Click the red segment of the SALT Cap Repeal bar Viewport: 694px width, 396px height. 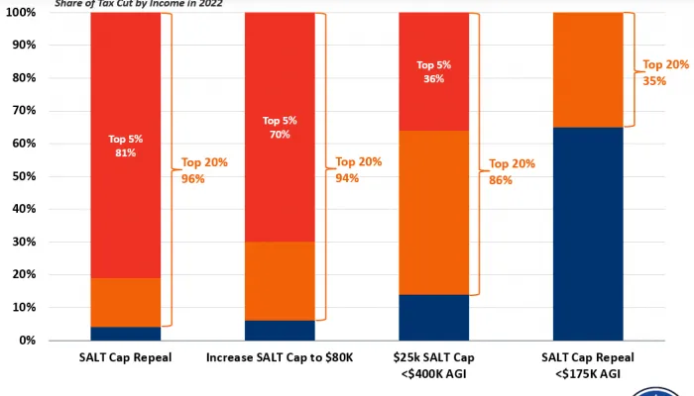pos(125,79)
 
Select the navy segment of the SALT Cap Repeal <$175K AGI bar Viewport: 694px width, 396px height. pos(588,234)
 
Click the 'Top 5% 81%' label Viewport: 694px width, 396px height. pos(125,146)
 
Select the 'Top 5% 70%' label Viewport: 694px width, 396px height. pos(279,127)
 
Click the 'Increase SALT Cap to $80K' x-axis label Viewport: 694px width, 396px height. pos(279,356)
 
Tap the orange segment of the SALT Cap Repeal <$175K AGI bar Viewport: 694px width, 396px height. pos(588,69)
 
